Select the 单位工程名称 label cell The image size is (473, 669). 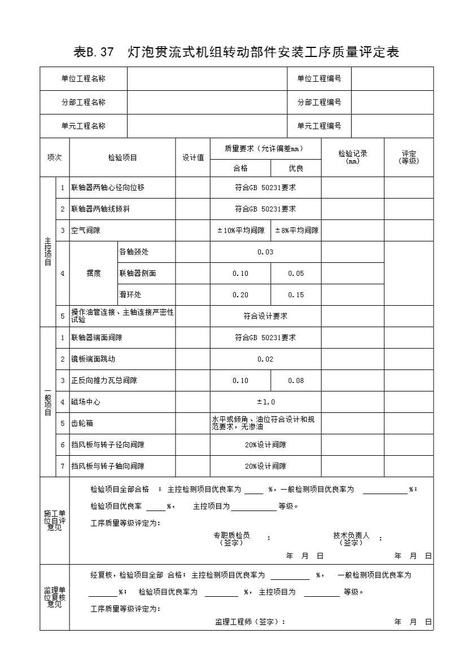click(x=84, y=79)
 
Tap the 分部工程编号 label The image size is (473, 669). click(x=319, y=103)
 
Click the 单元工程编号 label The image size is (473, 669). click(x=319, y=126)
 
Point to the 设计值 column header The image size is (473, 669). click(x=193, y=158)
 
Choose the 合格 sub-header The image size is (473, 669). click(x=240, y=168)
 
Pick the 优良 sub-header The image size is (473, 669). click(x=296, y=168)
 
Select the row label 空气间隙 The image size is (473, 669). click(x=86, y=231)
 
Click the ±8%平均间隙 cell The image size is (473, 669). click(x=296, y=231)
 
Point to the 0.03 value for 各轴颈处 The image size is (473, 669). click(x=265, y=252)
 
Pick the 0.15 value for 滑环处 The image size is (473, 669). click(x=296, y=295)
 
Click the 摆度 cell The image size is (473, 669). click(x=94, y=274)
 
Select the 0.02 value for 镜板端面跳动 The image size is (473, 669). click(x=265, y=359)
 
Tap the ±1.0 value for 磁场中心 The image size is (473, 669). click(x=266, y=402)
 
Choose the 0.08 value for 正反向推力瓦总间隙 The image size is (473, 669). click(x=296, y=381)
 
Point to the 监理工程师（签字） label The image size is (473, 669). click(x=250, y=622)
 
